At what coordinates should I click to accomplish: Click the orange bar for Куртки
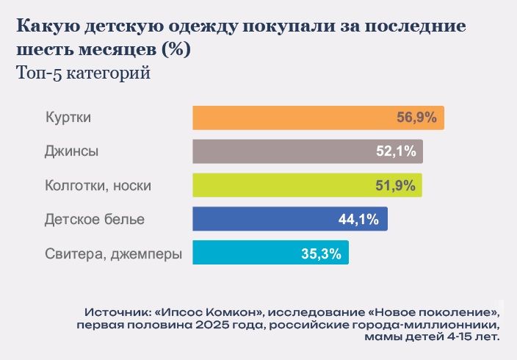[294, 118]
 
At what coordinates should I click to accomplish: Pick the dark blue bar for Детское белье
[264, 219]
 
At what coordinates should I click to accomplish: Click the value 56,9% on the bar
[417, 118]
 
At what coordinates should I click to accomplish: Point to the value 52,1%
[397, 152]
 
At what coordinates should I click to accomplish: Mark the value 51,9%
[397, 186]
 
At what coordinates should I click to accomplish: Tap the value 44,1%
[359, 219]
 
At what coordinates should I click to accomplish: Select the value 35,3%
[321, 254]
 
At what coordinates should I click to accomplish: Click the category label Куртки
[68, 118]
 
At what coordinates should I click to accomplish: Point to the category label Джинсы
[71, 152]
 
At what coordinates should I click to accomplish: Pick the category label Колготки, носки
[98, 186]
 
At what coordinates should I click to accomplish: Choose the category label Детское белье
[95, 220]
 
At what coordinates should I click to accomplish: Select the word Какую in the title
[47, 27]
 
